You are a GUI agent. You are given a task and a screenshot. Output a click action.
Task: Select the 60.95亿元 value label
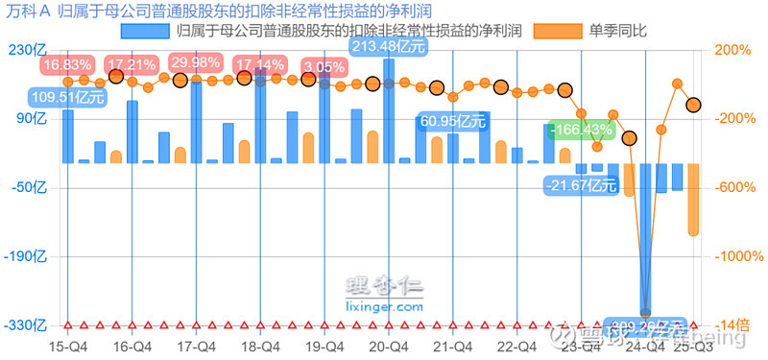[452, 122]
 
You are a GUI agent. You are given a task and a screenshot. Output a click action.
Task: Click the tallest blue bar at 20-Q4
[389, 110]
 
